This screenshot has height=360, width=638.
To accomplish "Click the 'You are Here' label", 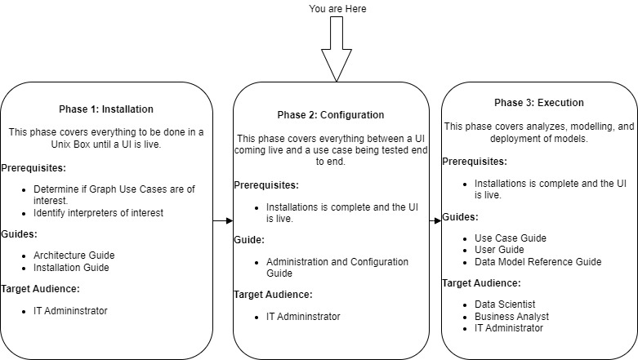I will pos(337,9).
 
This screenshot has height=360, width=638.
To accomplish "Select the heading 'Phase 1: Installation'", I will pos(106,109).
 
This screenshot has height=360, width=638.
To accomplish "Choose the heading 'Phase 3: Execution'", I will pos(538,103).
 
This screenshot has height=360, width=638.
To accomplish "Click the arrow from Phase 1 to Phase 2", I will pos(222,220).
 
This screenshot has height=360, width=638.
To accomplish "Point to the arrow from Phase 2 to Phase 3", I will pos(435,220).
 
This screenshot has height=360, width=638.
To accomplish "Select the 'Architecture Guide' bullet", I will pos(74,255).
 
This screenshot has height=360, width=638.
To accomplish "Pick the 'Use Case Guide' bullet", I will pos(510,238).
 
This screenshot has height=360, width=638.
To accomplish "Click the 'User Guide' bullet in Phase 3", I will pos(499,250).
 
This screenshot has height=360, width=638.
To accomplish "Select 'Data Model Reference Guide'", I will pos(538,261).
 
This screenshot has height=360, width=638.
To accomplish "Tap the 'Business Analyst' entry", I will pos(511,316).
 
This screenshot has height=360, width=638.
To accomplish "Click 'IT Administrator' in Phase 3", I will pos(508,327).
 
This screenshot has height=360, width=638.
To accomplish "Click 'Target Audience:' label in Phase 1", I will pos(41,289).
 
